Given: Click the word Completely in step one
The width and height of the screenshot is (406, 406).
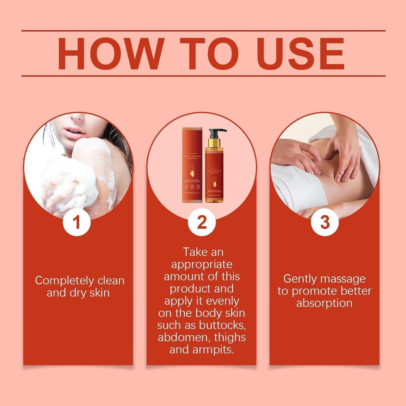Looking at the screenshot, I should click(x=64, y=281).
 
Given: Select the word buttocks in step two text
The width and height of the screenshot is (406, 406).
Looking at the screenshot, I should click(x=222, y=325).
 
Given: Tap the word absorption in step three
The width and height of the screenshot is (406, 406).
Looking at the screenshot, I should click(x=324, y=303).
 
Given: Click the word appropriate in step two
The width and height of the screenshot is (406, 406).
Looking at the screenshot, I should click(x=202, y=264).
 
